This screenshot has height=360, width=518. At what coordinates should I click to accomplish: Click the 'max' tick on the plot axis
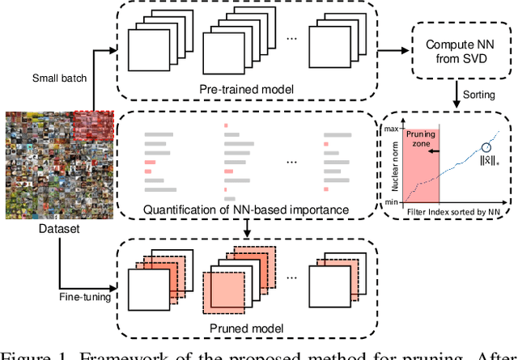pos(392,129)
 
